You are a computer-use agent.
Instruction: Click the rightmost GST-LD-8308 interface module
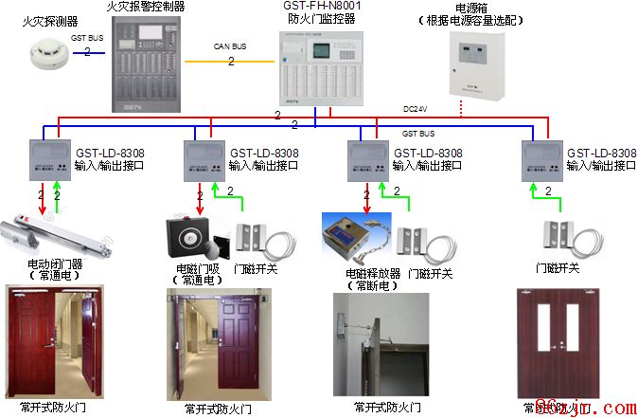tap(542, 160)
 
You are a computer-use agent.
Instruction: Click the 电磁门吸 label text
tap(196, 269)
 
